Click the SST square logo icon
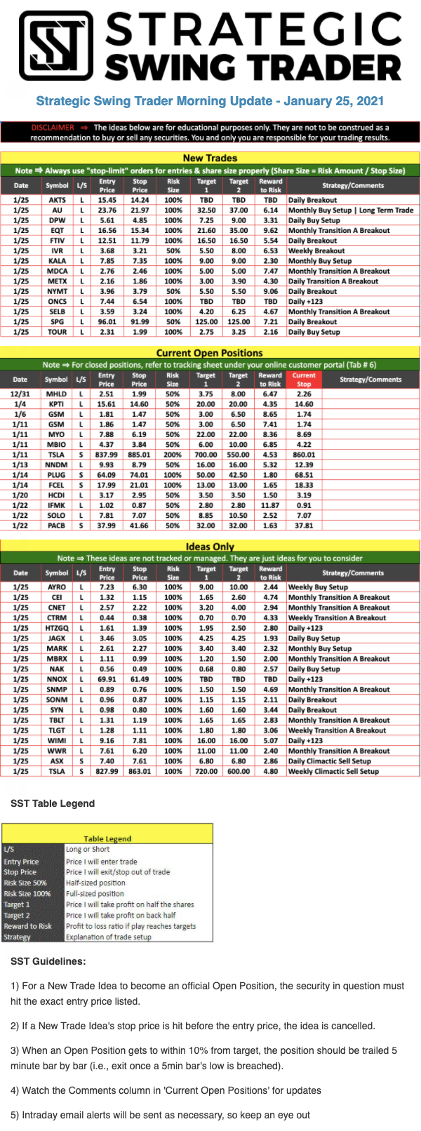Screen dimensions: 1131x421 pos(55,46)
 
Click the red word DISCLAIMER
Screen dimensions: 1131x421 pos(53,128)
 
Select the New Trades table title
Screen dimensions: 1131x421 pos(210,158)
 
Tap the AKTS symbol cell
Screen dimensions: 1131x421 pos(57,200)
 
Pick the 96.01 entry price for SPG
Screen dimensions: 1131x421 pos(107,322)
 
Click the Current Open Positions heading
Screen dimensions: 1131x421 pos(209,353)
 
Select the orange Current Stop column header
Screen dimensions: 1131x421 pos(304,380)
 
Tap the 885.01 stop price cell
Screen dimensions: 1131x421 pos(139,455)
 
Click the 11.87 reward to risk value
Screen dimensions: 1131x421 pos(270,505)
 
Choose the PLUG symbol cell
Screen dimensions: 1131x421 pos(56,475)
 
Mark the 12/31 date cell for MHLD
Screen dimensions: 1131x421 pos(20,394)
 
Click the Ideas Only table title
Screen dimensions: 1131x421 pos(210,547)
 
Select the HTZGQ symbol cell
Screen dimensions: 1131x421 pos(57,628)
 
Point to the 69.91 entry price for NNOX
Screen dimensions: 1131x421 pos(107,679)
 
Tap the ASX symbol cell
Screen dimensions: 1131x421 pos(57,761)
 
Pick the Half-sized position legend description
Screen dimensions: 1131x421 pos(95,883)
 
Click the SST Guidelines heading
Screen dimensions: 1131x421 pos(48,961)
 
